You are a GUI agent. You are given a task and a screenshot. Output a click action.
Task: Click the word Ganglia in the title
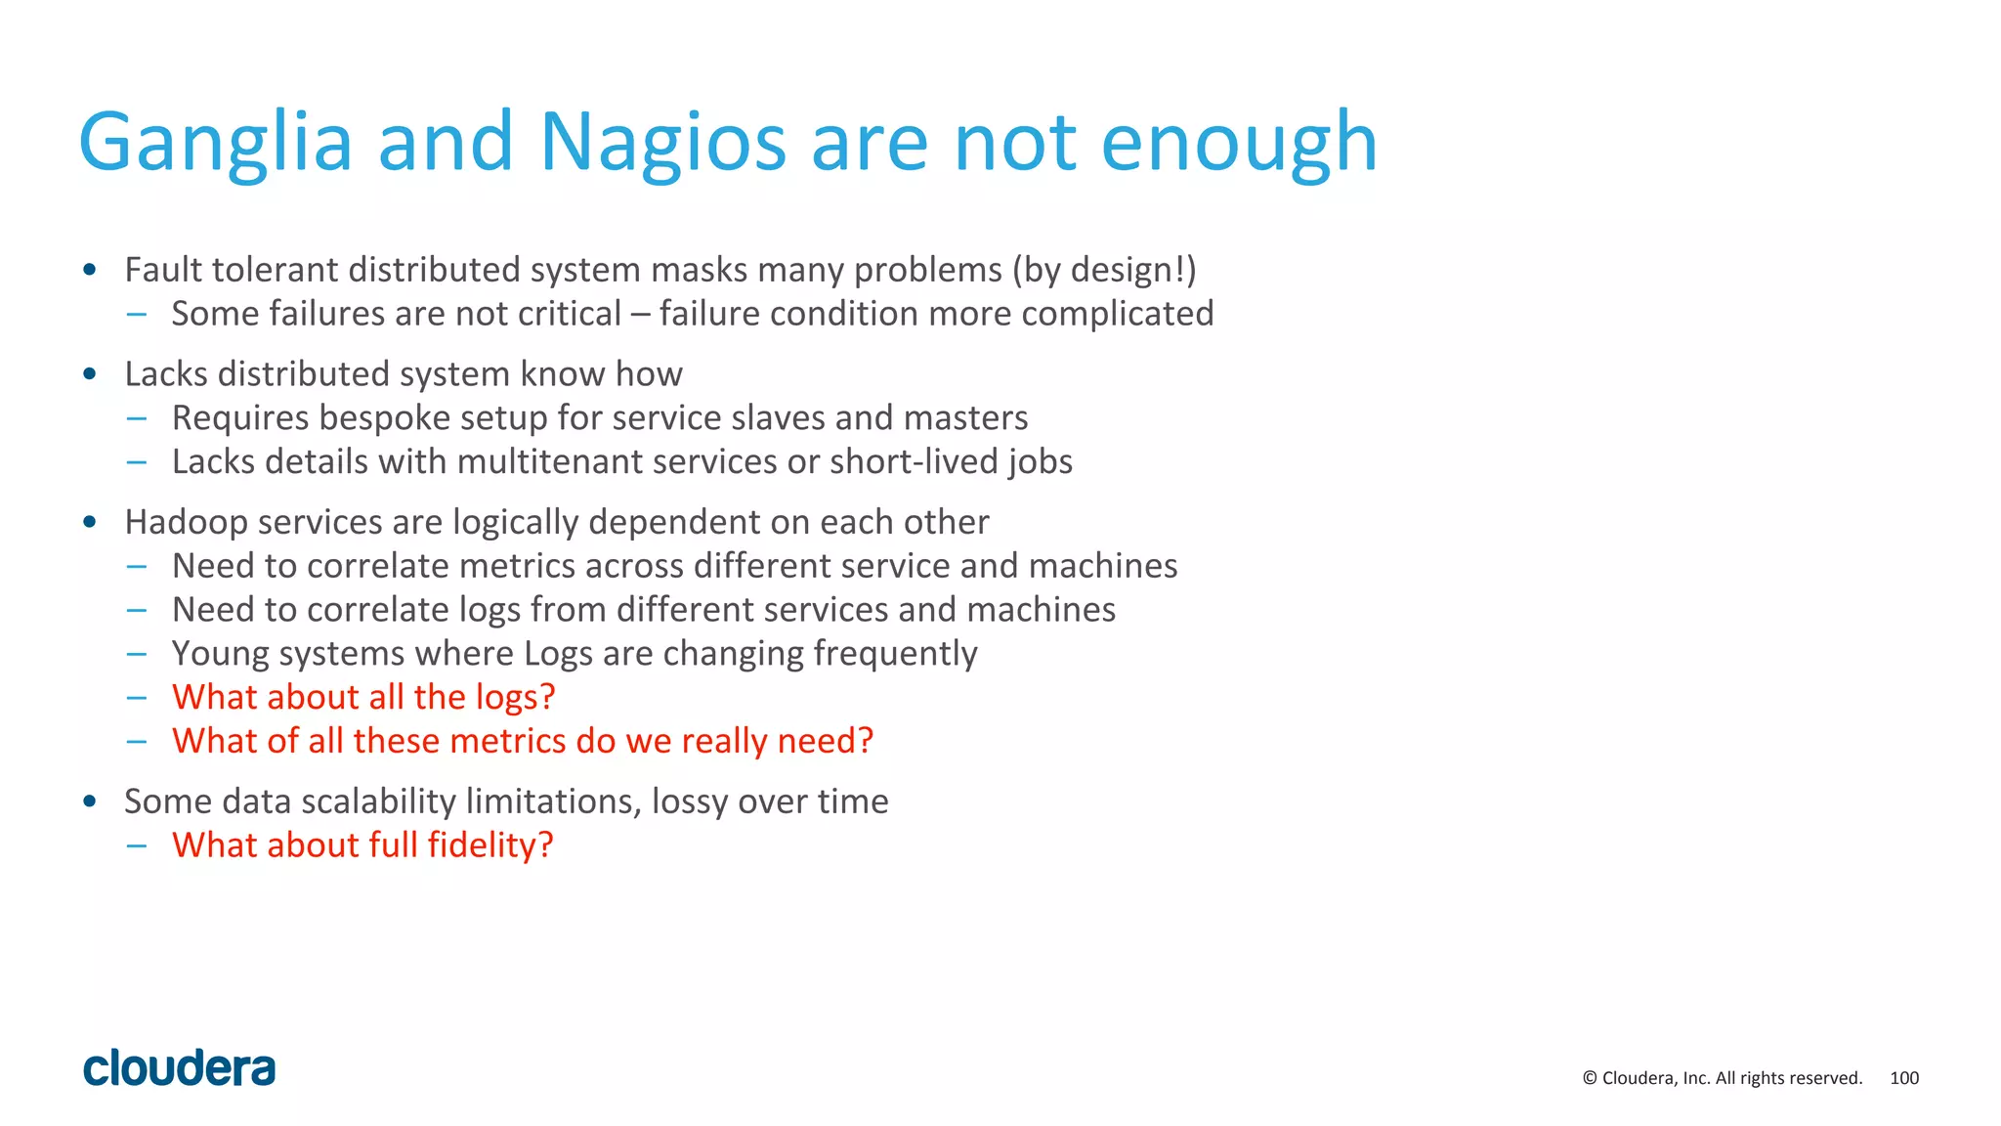point(215,144)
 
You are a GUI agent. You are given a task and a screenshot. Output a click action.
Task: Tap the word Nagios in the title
point(662,144)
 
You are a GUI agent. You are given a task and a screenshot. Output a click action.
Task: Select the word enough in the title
point(1239,144)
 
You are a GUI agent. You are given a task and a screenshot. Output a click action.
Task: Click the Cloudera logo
point(180,1068)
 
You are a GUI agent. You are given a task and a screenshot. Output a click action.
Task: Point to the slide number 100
point(1904,1078)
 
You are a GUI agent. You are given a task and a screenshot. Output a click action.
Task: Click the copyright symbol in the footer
point(1590,1078)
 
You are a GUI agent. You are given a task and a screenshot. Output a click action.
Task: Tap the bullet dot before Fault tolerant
point(90,270)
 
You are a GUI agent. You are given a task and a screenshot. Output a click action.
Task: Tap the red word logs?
point(515,697)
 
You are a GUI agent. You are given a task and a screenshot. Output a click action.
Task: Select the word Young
point(219,654)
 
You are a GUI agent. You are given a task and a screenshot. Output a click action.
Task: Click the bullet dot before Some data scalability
point(90,801)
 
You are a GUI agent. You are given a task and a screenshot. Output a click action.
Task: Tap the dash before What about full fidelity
point(137,845)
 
